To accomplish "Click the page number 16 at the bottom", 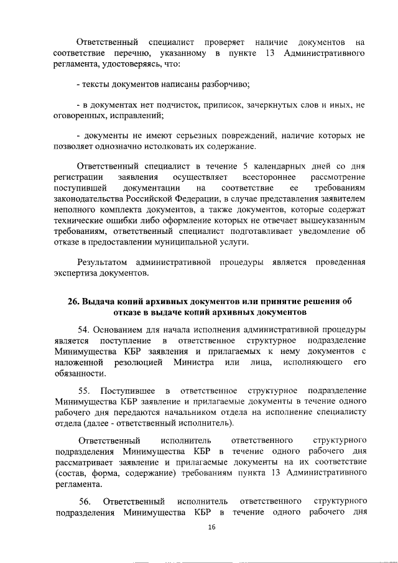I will click(x=211, y=527).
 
